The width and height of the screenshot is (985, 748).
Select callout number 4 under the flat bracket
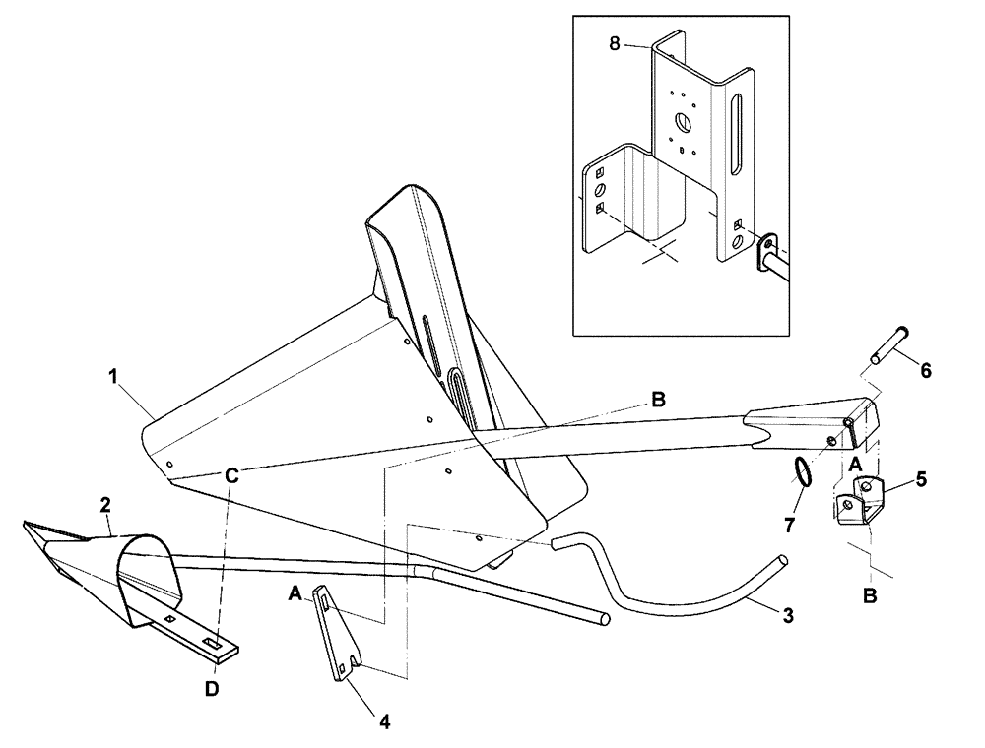click(x=384, y=721)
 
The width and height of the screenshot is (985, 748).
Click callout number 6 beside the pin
click(x=925, y=371)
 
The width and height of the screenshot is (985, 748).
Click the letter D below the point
click(x=211, y=688)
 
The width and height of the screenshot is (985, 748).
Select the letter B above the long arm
click(x=657, y=400)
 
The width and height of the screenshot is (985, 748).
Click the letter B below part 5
click(x=872, y=596)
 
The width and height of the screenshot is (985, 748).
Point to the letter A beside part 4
click(x=295, y=593)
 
